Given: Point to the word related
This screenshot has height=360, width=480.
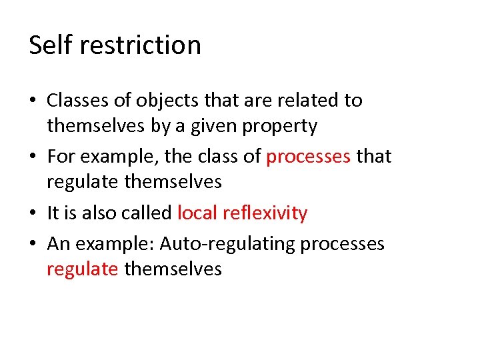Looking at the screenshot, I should pos(307,101).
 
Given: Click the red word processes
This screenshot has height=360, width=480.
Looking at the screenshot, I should pos(308,157).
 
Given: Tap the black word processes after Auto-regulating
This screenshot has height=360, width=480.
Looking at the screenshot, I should pos(342,244).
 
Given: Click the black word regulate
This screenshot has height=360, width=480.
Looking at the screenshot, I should pos(83,181).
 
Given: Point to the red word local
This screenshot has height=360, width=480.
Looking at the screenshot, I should pos(197,213).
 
